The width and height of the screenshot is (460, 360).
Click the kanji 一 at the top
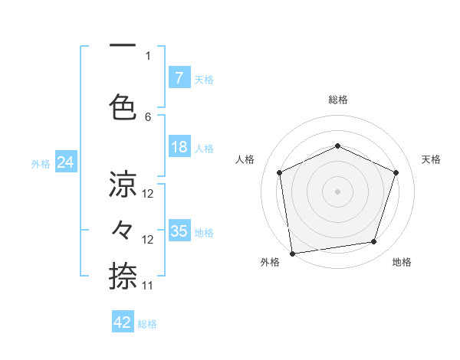coord(123,46)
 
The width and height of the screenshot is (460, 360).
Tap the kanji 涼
coord(123,184)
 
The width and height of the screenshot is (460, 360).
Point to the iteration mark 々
coord(123,229)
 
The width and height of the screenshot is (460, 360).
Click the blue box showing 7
coord(179,77)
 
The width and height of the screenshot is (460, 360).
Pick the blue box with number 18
coord(179,146)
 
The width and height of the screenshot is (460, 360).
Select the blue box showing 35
coord(179,231)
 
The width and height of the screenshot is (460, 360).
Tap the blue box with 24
coord(66,162)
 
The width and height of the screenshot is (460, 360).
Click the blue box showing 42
coord(123,322)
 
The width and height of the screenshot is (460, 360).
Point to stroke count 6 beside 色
coord(148,116)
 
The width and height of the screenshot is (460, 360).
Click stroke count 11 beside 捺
coord(148,285)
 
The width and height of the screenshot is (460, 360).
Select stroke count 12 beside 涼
coord(148,194)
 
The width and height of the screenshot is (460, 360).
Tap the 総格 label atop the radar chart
coord(337,100)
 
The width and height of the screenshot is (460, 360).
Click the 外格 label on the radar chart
coord(270,262)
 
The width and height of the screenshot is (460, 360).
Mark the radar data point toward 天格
coord(396,172)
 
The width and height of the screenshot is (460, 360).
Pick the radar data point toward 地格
coord(374,242)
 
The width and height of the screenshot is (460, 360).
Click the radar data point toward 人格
coord(279,172)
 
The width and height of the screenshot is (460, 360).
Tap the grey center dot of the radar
coord(337,191)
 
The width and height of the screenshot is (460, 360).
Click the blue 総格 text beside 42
coord(148,324)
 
